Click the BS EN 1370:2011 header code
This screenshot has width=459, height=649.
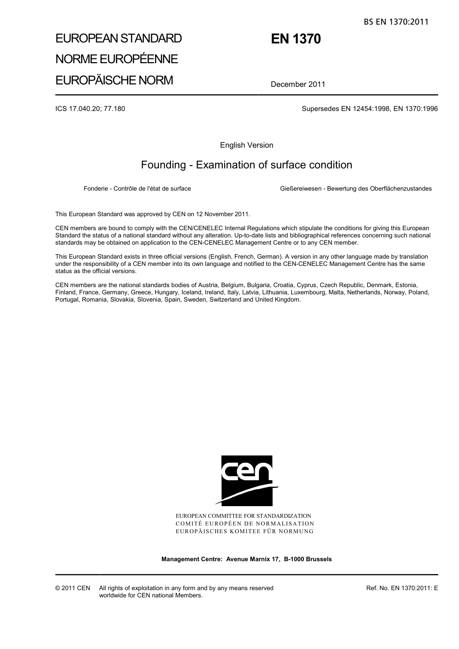[x=396, y=21]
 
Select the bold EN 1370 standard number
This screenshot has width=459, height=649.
[x=296, y=39]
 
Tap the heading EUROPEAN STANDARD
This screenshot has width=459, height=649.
[x=118, y=38]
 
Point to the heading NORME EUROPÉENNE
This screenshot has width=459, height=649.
[x=116, y=59]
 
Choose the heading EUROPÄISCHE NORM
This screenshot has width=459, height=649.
[x=114, y=80]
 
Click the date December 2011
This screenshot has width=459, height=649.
[x=298, y=84]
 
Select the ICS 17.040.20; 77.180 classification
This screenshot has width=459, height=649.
[x=90, y=109]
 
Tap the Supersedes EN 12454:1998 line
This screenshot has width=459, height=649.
[x=370, y=109]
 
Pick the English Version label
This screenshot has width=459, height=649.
[x=246, y=145]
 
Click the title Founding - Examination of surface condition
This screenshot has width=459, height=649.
[x=246, y=165]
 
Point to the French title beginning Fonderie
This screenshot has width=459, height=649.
[x=137, y=189]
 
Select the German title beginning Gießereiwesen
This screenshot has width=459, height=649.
[x=356, y=189]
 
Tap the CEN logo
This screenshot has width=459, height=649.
[x=246, y=481]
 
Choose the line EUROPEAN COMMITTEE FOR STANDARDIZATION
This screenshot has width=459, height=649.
[x=244, y=516]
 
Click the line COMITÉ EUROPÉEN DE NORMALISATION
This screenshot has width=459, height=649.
[x=245, y=524]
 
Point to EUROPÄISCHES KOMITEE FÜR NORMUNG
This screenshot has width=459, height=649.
[x=244, y=531]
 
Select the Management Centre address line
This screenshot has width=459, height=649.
[x=246, y=559]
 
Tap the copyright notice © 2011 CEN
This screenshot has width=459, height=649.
[x=72, y=588]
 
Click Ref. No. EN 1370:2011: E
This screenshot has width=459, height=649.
[x=402, y=588]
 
